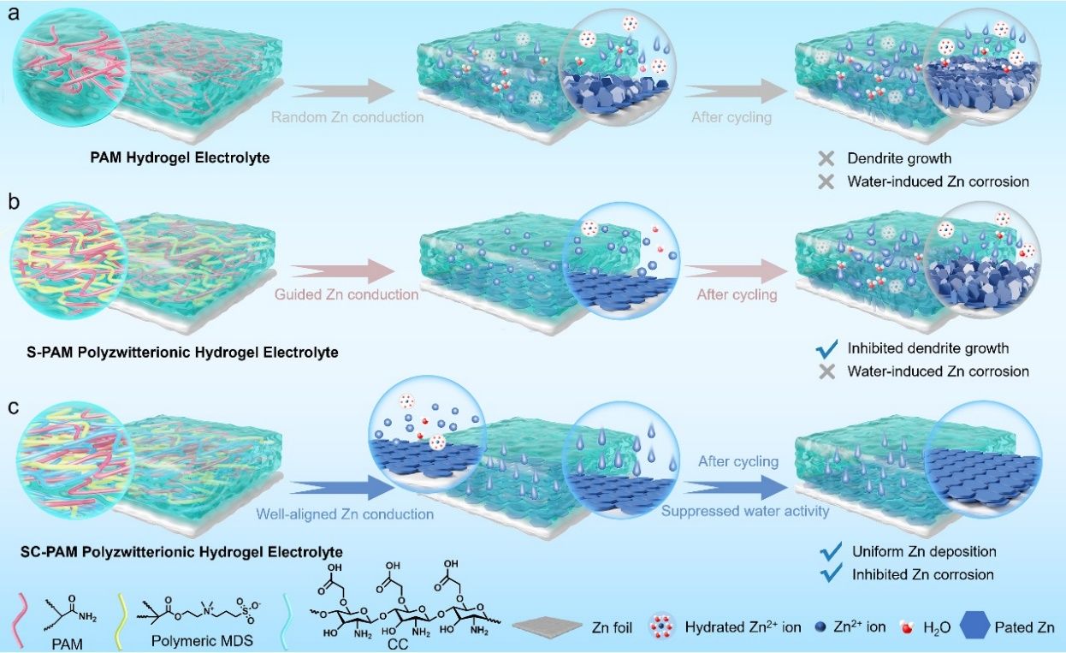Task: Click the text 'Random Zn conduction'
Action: pos(335,117)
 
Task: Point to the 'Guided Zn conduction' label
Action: pos(346,294)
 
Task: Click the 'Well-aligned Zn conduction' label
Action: pos(345,514)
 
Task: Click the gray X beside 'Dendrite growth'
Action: pos(826,159)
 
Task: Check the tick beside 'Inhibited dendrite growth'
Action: pos(826,349)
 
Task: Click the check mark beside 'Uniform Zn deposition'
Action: pos(830,552)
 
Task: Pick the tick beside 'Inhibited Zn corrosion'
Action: pos(830,574)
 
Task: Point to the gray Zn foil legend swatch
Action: pos(548,627)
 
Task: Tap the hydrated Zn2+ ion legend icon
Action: pos(664,627)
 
